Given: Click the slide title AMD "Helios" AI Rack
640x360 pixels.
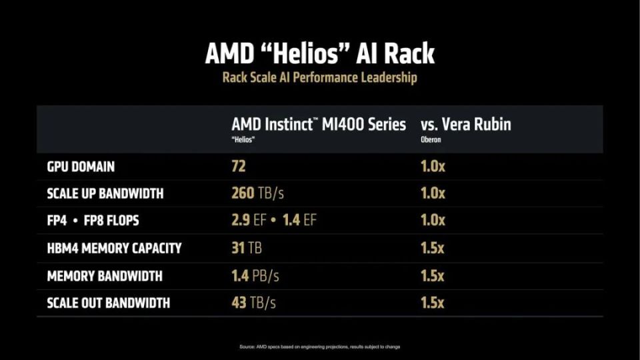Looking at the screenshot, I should point(319,54).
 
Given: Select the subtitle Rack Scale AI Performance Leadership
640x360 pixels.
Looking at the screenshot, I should point(319,78).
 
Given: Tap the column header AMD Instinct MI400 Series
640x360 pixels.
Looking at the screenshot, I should point(319,125).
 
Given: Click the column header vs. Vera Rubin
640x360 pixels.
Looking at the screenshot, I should point(465,125).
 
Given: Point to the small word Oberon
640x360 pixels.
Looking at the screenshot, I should point(430,140).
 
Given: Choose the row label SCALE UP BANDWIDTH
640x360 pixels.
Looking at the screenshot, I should point(105,194).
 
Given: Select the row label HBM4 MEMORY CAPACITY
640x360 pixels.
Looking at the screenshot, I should point(114,249).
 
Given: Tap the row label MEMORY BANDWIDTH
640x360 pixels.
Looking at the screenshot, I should point(105,276).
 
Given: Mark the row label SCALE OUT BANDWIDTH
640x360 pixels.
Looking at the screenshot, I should point(108,303).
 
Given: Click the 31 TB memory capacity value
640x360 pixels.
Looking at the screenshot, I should point(246,249).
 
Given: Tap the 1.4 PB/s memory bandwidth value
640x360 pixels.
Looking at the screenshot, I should point(255,276).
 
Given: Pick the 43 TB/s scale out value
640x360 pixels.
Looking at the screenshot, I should point(253,303).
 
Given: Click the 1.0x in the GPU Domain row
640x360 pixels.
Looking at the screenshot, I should point(433,166).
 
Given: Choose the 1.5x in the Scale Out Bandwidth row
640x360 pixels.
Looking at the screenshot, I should point(433,303).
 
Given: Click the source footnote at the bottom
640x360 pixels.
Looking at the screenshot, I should point(319,347).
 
